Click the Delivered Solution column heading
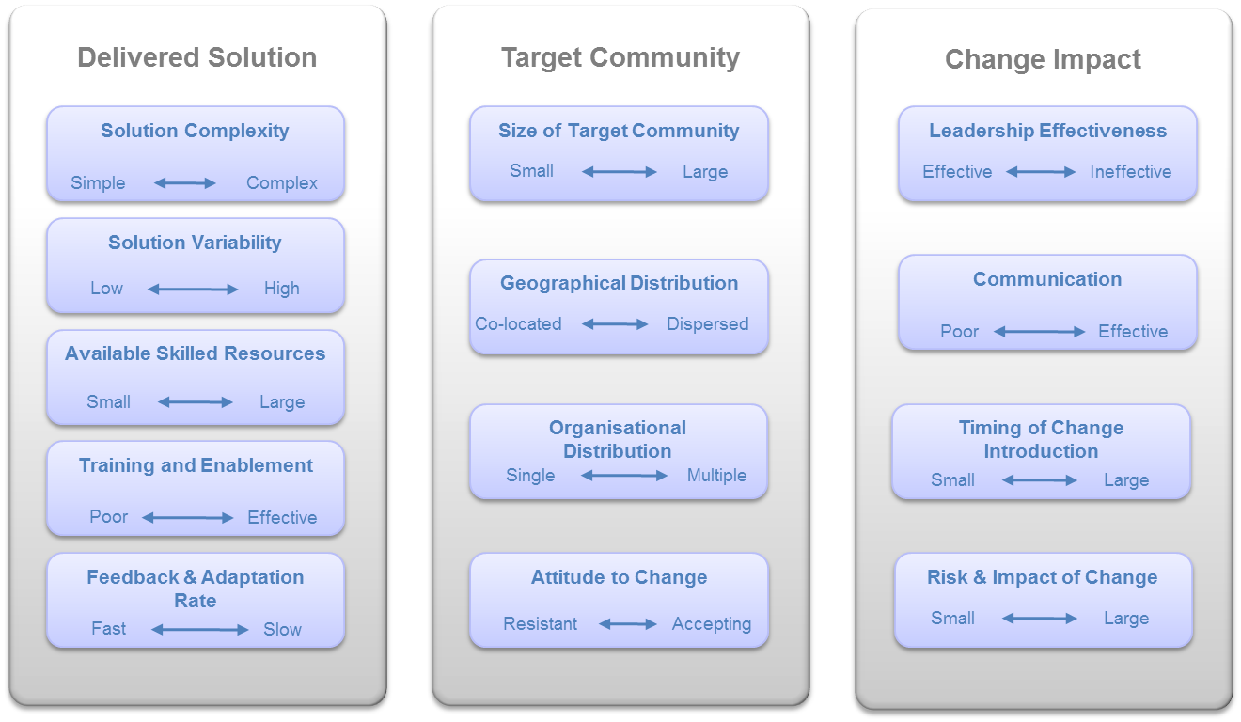tap(197, 57)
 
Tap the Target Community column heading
tap(620, 58)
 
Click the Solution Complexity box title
tap(195, 132)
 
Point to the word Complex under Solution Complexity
tap(281, 183)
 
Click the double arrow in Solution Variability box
tap(193, 290)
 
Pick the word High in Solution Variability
tap(281, 289)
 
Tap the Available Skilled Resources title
tap(195, 353)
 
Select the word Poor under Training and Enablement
tap(109, 517)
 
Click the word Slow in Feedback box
tap(282, 630)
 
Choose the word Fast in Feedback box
tap(109, 629)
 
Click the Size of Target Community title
tap(619, 132)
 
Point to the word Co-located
tap(519, 324)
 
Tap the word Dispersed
tap(708, 324)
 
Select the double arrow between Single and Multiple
tap(624, 476)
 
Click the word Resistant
tap(541, 624)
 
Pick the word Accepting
tap(712, 624)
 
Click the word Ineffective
tap(1131, 172)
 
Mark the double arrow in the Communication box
tap(1040, 332)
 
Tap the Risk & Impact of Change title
tap(1042, 577)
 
